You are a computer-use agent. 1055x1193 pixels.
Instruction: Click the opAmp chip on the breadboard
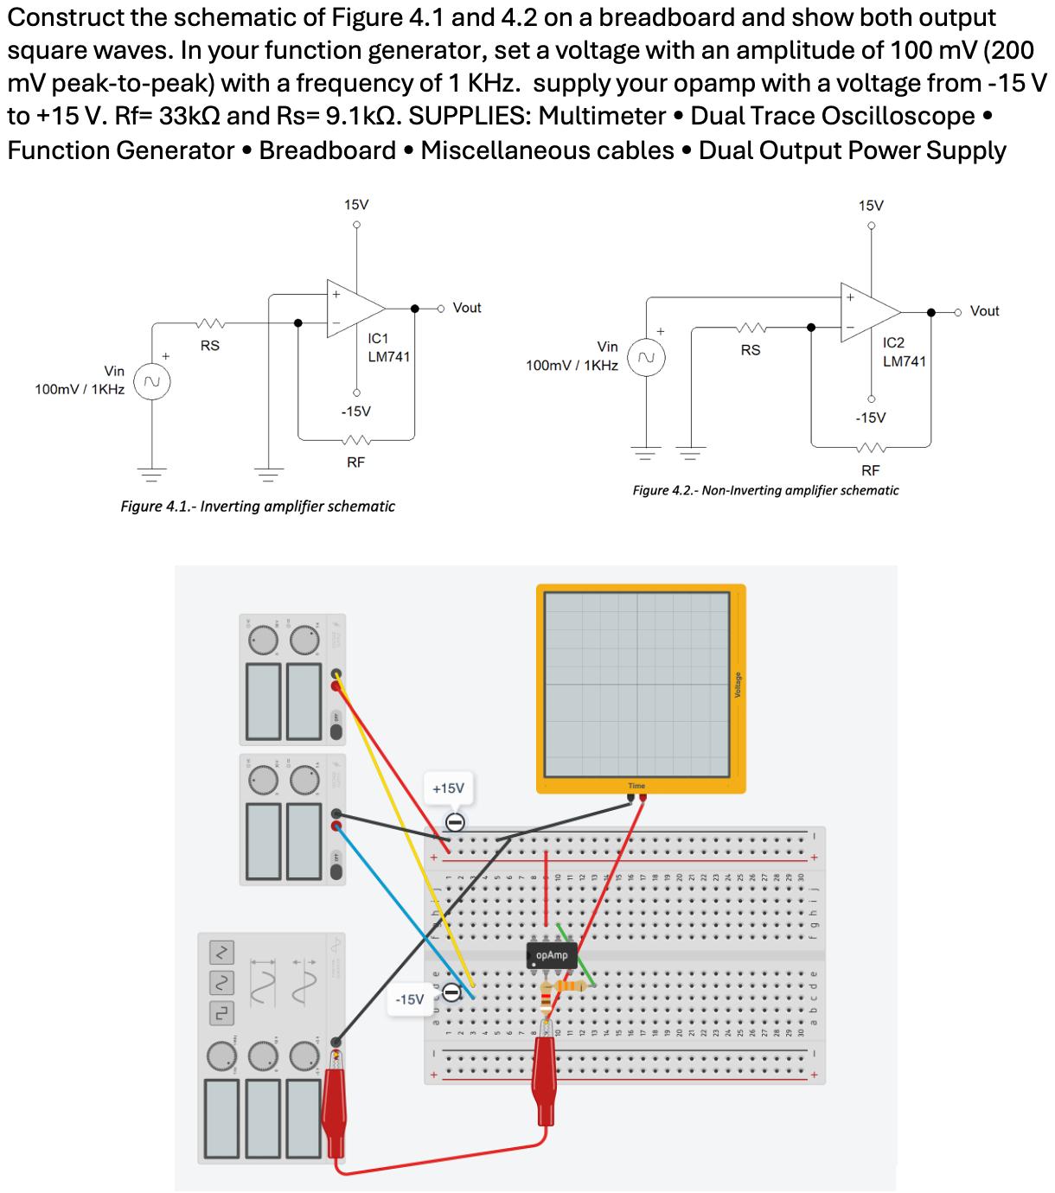[x=551, y=955]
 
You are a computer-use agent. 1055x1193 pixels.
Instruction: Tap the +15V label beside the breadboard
[x=448, y=788]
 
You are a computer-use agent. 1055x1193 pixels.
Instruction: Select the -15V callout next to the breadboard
[x=409, y=999]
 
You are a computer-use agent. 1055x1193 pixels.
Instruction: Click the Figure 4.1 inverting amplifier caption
[x=258, y=507]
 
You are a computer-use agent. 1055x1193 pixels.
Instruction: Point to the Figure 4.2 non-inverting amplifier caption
[x=765, y=491]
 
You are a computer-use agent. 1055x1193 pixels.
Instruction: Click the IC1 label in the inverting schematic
[x=379, y=338]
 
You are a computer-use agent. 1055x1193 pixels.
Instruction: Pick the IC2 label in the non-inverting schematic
[x=893, y=342]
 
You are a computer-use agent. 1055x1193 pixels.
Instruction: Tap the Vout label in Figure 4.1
[x=467, y=308]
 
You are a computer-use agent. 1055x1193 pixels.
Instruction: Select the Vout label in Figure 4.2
[x=984, y=311]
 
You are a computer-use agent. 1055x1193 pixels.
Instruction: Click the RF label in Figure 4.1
[x=355, y=463]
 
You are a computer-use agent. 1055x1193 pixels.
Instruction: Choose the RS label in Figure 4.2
[x=751, y=350]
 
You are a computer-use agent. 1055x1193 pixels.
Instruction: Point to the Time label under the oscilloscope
[x=636, y=786]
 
